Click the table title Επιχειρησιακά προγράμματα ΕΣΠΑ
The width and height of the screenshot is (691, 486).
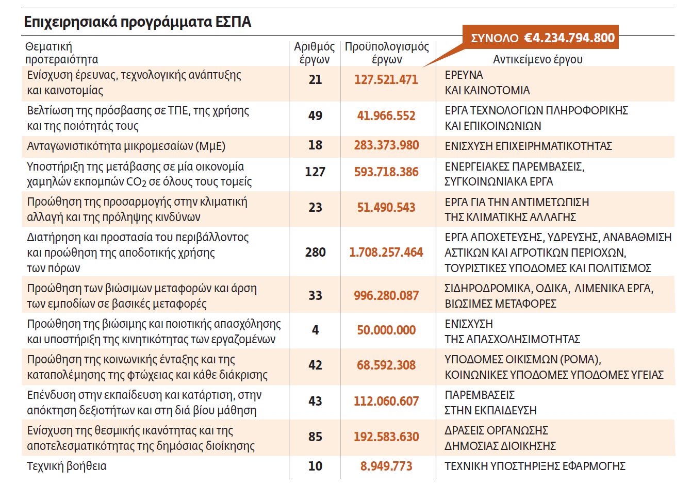(x=138, y=22)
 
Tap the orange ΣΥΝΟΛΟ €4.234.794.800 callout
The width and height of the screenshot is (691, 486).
(x=542, y=38)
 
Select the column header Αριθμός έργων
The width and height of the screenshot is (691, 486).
(x=315, y=53)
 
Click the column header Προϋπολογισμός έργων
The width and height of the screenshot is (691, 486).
(x=387, y=53)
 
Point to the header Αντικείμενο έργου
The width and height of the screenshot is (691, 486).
(x=538, y=59)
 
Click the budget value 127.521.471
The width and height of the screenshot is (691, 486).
(x=386, y=80)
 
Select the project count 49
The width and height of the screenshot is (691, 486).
(x=315, y=115)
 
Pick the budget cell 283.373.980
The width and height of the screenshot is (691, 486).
(x=386, y=145)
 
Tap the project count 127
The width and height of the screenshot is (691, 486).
(x=315, y=172)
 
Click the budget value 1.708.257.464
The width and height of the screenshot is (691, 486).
(x=386, y=253)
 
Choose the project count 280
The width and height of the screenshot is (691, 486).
(x=315, y=253)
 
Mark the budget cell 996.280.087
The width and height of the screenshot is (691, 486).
(x=386, y=296)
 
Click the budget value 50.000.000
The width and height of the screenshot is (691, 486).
(x=386, y=330)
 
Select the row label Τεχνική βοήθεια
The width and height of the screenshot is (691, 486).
(x=67, y=466)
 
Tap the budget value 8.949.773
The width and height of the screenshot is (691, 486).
(x=386, y=466)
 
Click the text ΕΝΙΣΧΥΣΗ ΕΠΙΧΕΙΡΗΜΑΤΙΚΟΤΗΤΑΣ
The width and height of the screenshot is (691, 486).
(x=528, y=146)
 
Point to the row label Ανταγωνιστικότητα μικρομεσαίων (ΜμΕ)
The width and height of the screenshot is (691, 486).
(x=126, y=146)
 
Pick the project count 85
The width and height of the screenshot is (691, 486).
(x=315, y=437)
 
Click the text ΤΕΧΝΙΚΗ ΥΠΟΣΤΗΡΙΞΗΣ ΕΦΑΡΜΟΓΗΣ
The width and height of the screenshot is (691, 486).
(x=535, y=466)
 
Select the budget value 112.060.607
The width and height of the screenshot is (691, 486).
(x=386, y=401)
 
